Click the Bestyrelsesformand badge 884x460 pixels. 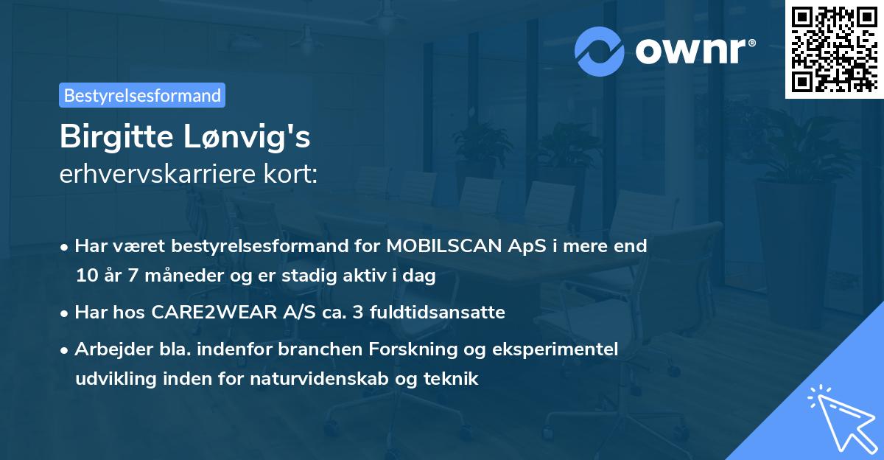click(x=142, y=95)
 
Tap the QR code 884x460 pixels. click(x=834, y=49)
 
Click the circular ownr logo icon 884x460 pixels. click(x=599, y=51)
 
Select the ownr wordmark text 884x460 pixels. click(x=693, y=50)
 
